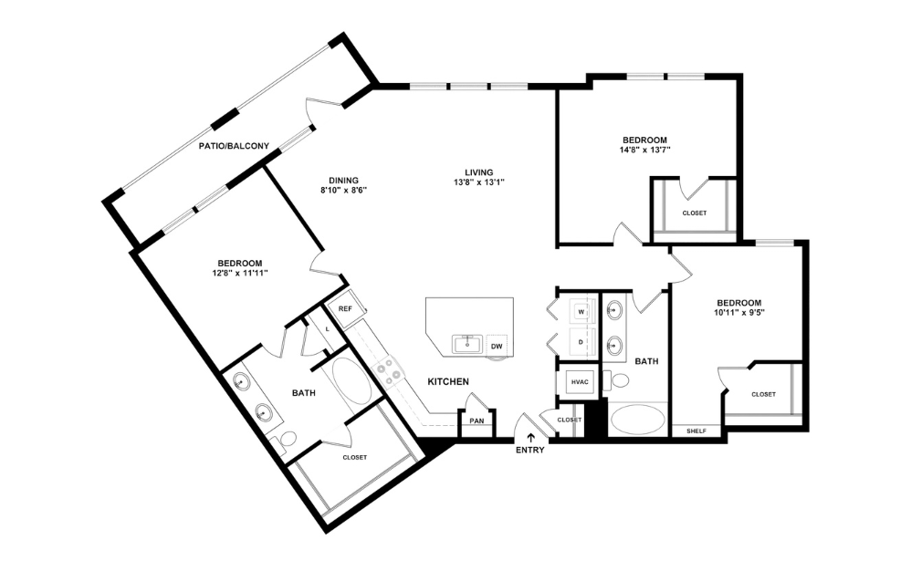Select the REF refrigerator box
(345, 309)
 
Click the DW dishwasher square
(497, 346)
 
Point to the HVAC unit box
(579, 381)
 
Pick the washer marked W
(580, 311)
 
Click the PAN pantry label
(476, 421)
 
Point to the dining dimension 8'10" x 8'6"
(343, 191)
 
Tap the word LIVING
(478, 171)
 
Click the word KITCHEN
(448, 381)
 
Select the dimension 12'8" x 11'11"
(240, 272)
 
